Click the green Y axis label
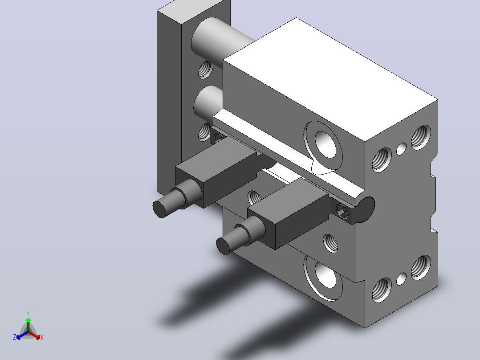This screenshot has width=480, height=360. pos(28,313)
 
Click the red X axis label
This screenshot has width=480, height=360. pos(42,337)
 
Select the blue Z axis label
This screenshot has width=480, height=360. pos(15,337)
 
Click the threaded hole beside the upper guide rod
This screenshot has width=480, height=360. pos(205,70)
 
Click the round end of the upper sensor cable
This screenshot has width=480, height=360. pos(159,209)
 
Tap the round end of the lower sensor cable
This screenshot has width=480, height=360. pos(223,246)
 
